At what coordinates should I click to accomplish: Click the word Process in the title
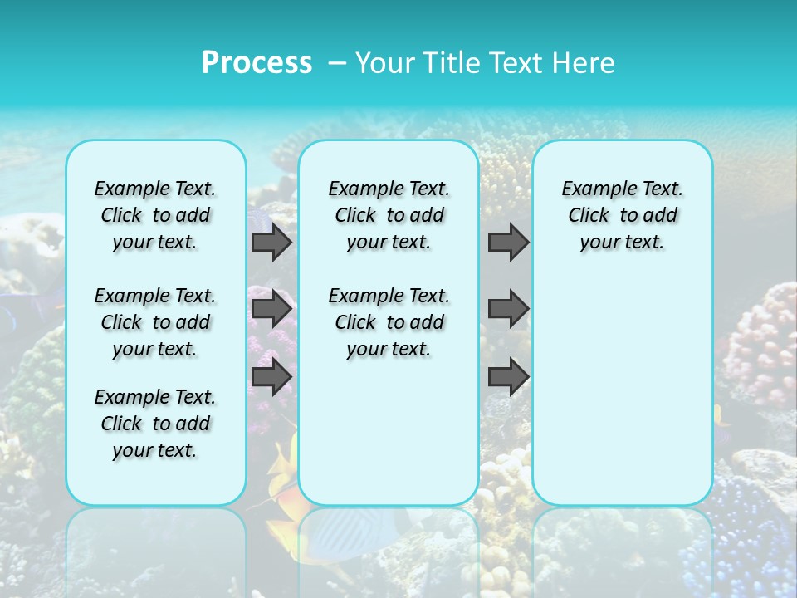[257, 62]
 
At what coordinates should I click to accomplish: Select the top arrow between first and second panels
[271, 243]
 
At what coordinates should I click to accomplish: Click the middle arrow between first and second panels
[271, 310]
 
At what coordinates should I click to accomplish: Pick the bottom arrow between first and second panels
[271, 377]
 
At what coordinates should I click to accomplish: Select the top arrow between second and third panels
[508, 243]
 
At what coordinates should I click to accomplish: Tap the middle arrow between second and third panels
[508, 310]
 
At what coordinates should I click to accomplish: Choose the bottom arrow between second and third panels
[508, 377]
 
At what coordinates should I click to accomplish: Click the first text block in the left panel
[155, 215]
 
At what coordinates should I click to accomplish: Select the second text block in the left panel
[155, 322]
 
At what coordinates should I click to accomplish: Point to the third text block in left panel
[155, 424]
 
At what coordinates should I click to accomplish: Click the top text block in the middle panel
[389, 215]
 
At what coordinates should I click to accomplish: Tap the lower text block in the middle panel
[389, 322]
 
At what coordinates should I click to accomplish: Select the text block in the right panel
[622, 215]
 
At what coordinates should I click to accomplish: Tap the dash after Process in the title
[337, 63]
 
